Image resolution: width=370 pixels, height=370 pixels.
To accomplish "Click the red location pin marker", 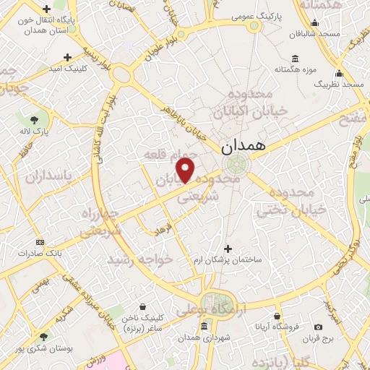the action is tap(186, 171).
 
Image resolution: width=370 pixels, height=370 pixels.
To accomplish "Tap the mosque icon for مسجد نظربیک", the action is tap(339, 74).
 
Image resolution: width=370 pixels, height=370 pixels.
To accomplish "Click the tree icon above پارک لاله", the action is tap(33, 119).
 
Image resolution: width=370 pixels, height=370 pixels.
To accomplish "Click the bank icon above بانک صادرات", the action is tap(40, 242).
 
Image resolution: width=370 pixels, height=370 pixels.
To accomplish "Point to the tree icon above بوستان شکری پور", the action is tap(44, 336).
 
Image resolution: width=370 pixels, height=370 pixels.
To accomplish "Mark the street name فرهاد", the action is tap(158, 230).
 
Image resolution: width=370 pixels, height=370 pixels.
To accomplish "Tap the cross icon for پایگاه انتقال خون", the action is tap(47, 10).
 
